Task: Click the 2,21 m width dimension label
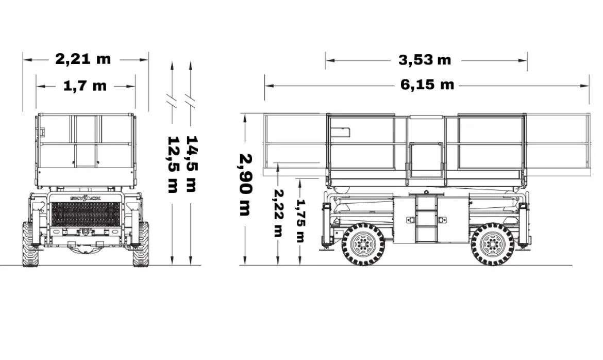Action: coord(83,59)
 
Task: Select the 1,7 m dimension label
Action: coord(85,86)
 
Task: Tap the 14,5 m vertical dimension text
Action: coord(191,163)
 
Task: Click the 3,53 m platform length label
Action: coord(425,60)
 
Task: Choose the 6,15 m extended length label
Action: coord(427,84)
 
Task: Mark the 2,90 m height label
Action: coord(246,185)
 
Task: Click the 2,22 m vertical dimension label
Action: coord(278,213)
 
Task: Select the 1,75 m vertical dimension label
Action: coord(301,221)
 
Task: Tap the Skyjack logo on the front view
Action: coord(86,198)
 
